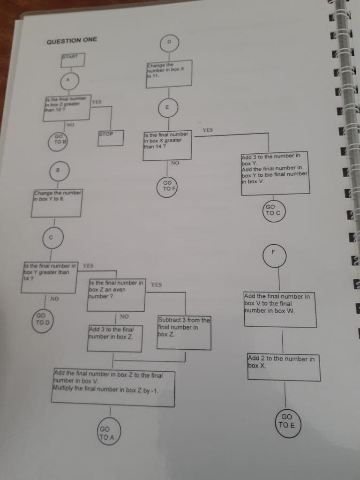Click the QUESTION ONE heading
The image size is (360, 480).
coord(72,40)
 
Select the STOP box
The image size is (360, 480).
coord(111,138)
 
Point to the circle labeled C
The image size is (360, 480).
coord(52,238)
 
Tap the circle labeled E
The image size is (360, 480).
coord(168,107)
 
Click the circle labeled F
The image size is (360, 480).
coord(274,255)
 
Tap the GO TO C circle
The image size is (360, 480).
coord(273,210)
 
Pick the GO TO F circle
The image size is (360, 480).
coord(168,186)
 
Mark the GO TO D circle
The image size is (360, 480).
coord(43,320)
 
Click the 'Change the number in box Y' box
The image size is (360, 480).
coord(57,203)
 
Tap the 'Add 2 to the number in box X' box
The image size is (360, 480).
coord(283,367)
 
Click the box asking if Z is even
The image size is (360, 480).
coord(117,295)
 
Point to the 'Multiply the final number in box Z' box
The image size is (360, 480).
coord(114,388)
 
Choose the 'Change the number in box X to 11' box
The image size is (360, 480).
coord(169,73)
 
